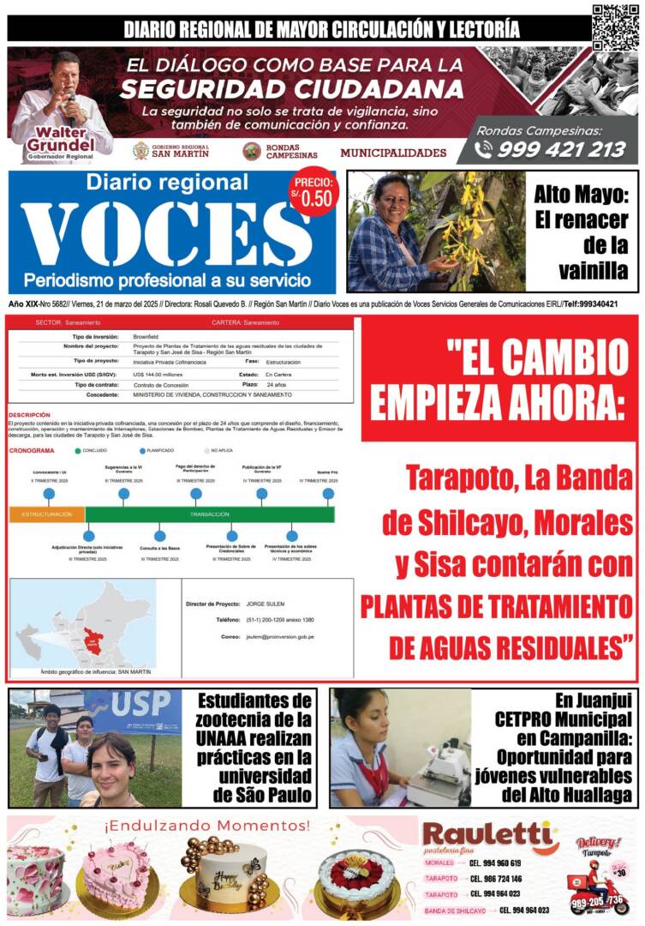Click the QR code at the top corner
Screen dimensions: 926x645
(x=615, y=27)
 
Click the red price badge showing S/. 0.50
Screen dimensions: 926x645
(x=314, y=192)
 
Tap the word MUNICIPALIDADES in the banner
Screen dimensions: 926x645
(x=393, y=153)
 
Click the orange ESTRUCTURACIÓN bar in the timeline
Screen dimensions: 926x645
(x=47, y=514)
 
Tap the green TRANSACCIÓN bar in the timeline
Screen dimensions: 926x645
(x=209, y=514)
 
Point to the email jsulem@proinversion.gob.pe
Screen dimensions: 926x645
(x=279, y=637)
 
